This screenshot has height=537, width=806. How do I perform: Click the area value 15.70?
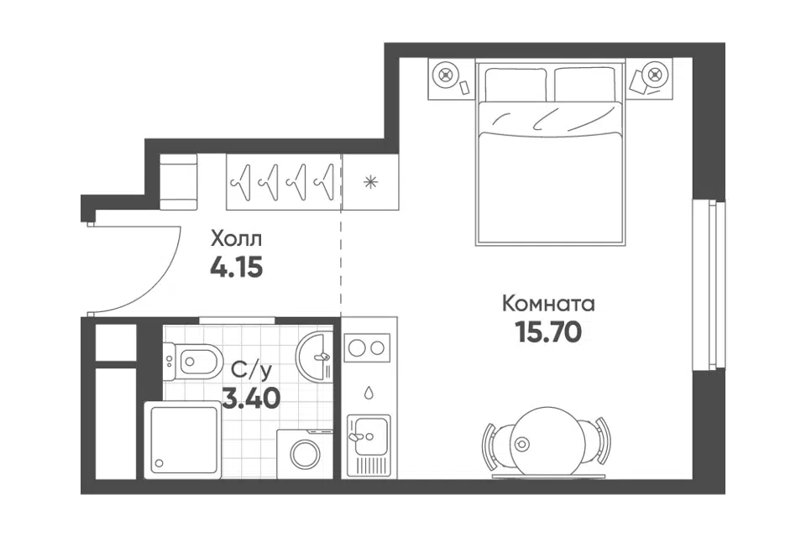pos(548,332)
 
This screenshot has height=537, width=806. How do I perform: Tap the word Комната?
pos(548,304)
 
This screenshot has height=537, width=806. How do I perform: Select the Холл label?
pos(237,239)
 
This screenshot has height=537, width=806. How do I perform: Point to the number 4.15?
pos(237,267)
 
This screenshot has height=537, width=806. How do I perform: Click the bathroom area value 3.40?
pos(251,397)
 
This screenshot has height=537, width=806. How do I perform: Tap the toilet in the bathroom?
pos(193,362)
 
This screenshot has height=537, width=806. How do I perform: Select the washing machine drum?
pos(306,454)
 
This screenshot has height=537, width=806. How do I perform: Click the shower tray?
pos(183,440)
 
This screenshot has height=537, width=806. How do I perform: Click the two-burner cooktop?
pos(367,348)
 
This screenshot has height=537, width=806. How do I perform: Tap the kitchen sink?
pos(369,436)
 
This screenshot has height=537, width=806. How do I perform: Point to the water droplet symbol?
pos(369,393)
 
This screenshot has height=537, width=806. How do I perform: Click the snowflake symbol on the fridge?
pos(370,182)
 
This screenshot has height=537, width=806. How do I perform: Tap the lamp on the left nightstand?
pos(445,75)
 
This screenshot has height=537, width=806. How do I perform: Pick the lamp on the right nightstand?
pos(654,74)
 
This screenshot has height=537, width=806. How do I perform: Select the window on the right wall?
pos(709,284)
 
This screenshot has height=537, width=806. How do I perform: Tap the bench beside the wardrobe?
pos(178,182)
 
